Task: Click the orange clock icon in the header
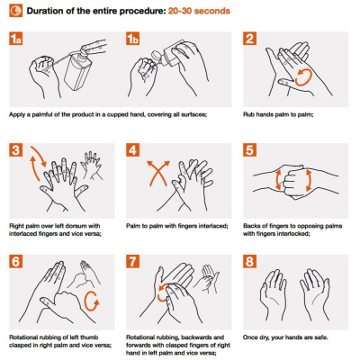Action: coord(15,11)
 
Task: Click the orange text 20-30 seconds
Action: coord(199,11)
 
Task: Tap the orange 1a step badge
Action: coord(16,38)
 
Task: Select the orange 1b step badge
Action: coord(132,38)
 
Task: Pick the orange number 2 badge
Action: coord(249,38)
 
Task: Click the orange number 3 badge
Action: coord(16,149)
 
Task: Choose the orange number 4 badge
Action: coord(132,149)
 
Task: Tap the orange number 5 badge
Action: coord(249,149)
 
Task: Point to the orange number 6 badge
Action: coord(16,261)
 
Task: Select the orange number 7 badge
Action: coord(132,261)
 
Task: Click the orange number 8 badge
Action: coord(249,261)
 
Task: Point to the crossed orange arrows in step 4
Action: coord(158,173)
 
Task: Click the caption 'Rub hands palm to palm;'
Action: coord(278,114)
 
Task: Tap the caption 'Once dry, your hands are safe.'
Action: coord(285,337)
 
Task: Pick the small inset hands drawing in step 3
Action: coord(92,166)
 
